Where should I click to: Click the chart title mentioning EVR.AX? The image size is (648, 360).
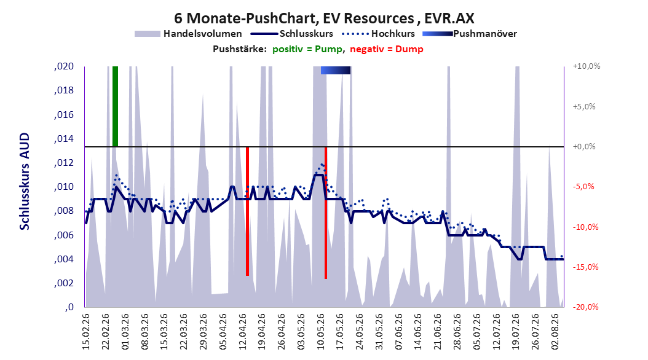[324, 18]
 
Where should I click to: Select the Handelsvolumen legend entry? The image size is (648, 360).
[189, 34]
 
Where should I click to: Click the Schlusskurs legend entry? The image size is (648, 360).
[292, 34]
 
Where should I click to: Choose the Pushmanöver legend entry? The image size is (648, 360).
[470, 34]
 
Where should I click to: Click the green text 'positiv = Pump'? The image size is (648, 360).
[307, 49]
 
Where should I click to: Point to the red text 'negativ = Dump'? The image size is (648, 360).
[387, 49]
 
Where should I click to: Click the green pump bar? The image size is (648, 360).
[116, 106]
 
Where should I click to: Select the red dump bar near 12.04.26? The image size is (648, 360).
[248, 211]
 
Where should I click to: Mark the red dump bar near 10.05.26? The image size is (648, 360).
[326, 213]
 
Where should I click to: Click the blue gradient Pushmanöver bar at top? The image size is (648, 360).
[336, 70]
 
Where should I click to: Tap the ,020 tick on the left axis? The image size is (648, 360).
[64, 66]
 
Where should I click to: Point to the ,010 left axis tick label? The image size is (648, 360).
[64, 187]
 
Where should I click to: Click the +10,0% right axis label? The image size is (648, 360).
[587, 66]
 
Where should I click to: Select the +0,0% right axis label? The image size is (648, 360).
[584, 147]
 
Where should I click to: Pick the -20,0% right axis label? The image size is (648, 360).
[585, 307]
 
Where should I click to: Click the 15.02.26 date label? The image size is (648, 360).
[86, 332]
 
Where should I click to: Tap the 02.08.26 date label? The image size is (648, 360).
[555, 332]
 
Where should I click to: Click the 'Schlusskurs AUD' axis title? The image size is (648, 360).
[25, 181]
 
